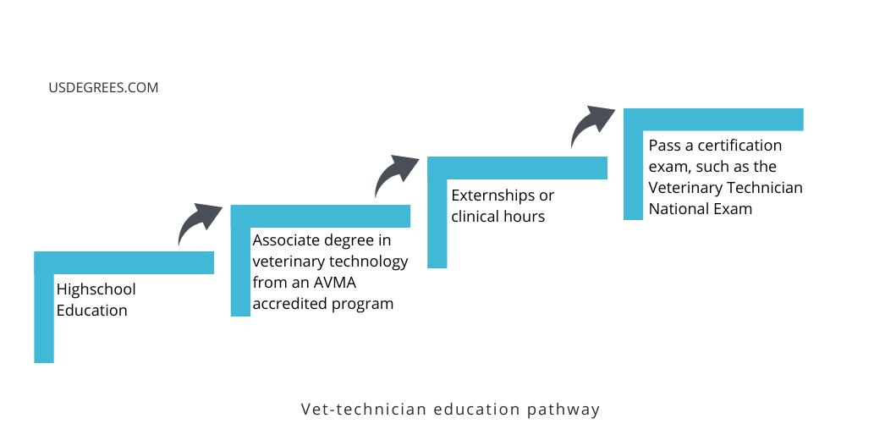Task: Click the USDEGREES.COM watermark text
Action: click(103, 87)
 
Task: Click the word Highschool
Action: click(96, 289)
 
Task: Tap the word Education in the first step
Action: click(91, 311)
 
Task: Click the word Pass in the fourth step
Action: click(664, 146)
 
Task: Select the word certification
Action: click(739, 146)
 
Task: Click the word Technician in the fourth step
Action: click(763, 188)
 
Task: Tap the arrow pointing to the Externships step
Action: click(395, 174)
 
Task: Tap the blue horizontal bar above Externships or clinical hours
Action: click(517, 168)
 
